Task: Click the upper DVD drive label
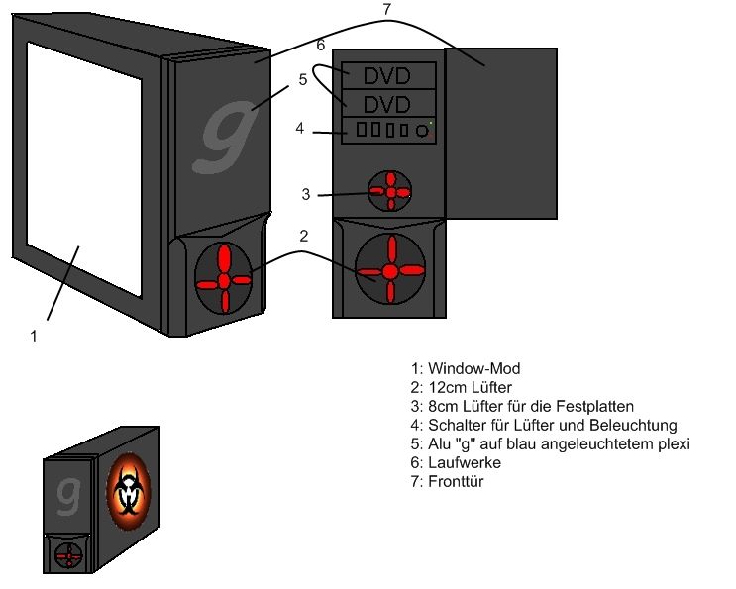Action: click(x=388, y=75)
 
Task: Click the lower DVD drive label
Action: click(x=388, y=104)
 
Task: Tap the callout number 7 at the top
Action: click(x=386, y=10)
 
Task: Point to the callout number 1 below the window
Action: click(x=34, y=336)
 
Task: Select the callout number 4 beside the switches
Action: click(x=299, y=128)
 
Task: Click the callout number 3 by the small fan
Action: click(x=306, y=195)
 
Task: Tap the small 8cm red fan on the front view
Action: click(x=390, y=193)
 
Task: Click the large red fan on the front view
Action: click(x=390, y=270)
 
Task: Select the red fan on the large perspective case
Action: click(x=224, y=281)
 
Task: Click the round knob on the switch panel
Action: click(x=423, y=130)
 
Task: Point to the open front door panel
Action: click(x=501, y=133)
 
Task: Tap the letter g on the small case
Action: click(x=68, y=493)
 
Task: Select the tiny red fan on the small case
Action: click(x=68, y=555)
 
